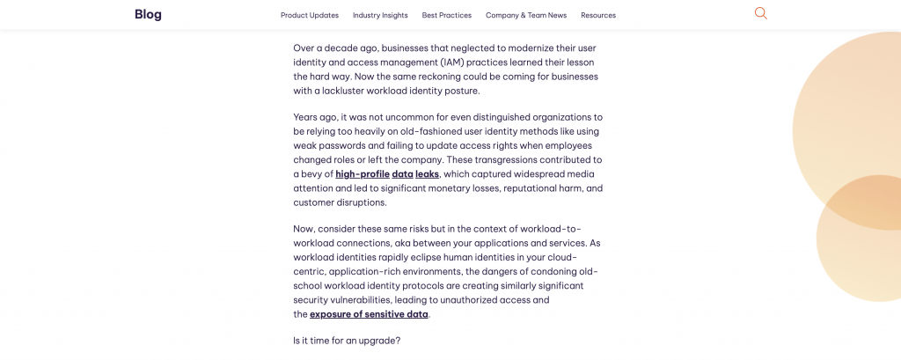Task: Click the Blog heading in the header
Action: coord(148,14)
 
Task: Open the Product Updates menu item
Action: coord(310,15)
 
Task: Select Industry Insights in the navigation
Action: coord(380,15)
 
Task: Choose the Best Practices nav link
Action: coord(447,15)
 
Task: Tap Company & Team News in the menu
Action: coord(526,15)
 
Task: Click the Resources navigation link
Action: coord(598,15)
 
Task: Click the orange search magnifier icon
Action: coord(761,13)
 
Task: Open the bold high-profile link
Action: coord(363,174)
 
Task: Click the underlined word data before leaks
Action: coord(402,174)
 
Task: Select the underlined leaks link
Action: coord(427,174)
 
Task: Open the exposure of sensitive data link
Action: coord(369,314)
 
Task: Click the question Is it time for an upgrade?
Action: coord(348,341)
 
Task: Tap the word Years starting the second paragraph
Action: coord(307,117)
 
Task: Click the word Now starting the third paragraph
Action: coord(304,229)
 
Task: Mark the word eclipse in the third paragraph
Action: coord(411,257)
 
